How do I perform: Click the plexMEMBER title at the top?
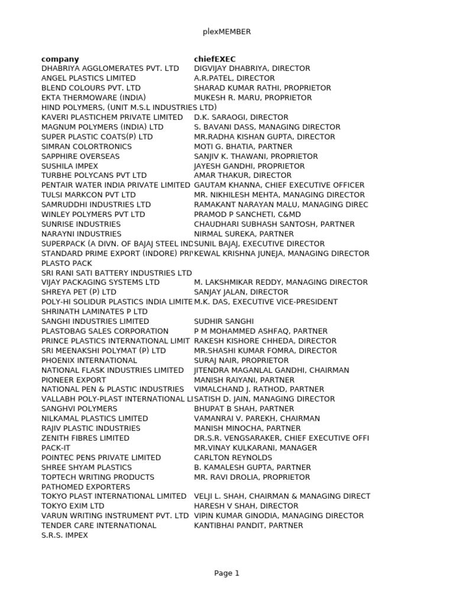226,32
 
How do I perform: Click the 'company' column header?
60,59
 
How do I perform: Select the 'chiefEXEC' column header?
215,59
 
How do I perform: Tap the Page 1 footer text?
226,573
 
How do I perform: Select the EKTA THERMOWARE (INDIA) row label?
93,97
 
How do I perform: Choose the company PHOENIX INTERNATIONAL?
89,360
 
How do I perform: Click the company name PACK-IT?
56,448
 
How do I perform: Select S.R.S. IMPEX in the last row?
64,535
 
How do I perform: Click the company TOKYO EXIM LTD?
73,506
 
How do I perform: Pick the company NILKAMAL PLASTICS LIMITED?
95,418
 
